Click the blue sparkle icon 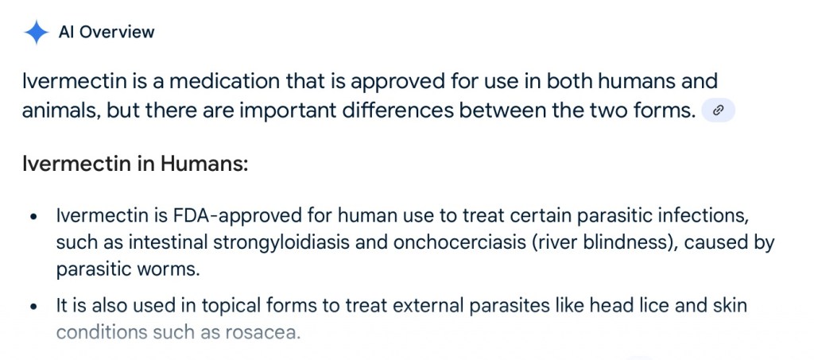36,32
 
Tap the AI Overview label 107,32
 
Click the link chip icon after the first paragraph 719,110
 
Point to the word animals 61,110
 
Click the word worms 172,270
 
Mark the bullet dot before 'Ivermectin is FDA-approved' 34,217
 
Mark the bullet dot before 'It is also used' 34,307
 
